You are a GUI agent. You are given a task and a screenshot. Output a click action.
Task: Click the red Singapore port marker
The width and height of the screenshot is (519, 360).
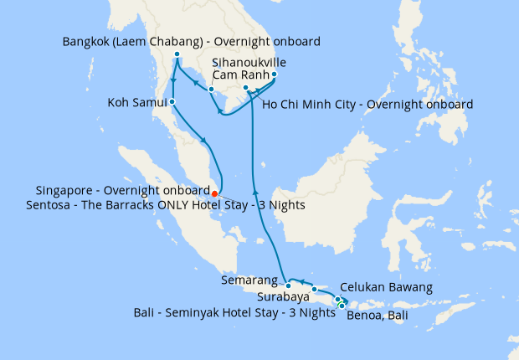215,194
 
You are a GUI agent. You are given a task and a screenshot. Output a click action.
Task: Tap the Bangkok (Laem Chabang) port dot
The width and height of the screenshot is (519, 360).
177,55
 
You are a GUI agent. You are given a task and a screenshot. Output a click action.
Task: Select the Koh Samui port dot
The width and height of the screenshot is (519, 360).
172,102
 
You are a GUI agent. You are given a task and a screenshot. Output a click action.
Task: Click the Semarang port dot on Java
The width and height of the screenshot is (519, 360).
289,285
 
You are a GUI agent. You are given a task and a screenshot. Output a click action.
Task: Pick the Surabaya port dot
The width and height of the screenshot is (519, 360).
315,290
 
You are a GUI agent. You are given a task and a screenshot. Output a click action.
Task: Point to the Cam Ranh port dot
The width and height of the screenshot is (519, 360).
275,74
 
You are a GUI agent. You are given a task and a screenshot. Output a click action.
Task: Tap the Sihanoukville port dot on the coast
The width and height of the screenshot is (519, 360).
212,89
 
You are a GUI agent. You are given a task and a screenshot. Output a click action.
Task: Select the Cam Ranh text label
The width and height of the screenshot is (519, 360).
239,75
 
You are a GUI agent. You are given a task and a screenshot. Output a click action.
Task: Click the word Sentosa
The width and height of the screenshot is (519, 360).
59,204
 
